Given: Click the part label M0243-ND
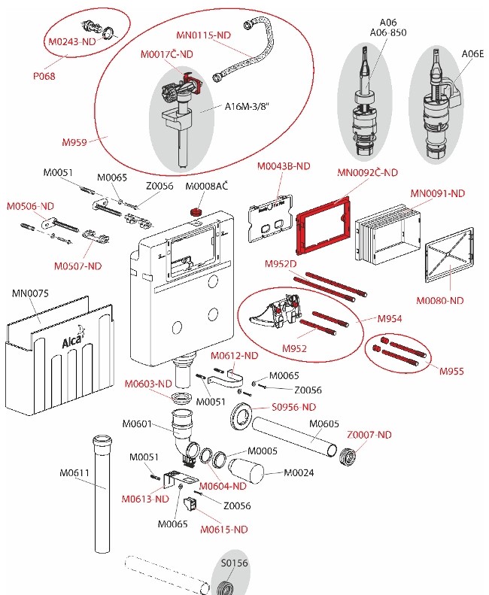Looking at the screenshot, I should tap(73, 42).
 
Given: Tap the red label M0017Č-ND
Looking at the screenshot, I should tap(166, 54).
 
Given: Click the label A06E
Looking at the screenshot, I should tap(472, 53).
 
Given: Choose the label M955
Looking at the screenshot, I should tap(452, 371).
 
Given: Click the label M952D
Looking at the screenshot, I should tap(281, 264).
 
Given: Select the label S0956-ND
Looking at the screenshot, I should tap(294, 407).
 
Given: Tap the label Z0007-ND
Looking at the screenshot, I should tap(369, 434).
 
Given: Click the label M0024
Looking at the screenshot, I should tap(299, 472).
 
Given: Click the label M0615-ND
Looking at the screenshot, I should tap(223, 529).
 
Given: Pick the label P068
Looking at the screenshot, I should tap(43, 76).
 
